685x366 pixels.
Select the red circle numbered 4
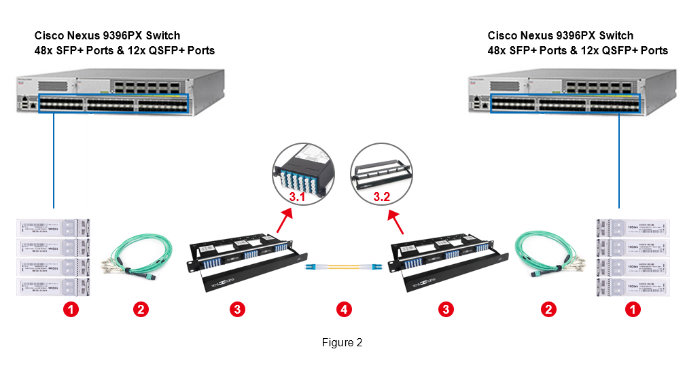(x=345, y=310)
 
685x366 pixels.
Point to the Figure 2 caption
(x=342, y=343)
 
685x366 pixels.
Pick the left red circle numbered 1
(x=71, y=310)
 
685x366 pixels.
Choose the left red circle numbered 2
(x=140, y=310)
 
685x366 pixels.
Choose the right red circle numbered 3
(x=445, y=310)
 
